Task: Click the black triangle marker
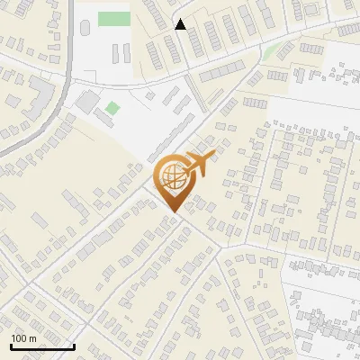[181, 25]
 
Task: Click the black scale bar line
[41, 346]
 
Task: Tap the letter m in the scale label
[32, 338]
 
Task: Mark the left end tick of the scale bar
[11, 345]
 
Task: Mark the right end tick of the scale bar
[73, 345]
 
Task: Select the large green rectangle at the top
[113, 19]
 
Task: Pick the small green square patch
[112, 108]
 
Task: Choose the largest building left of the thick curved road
[41, 90]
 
